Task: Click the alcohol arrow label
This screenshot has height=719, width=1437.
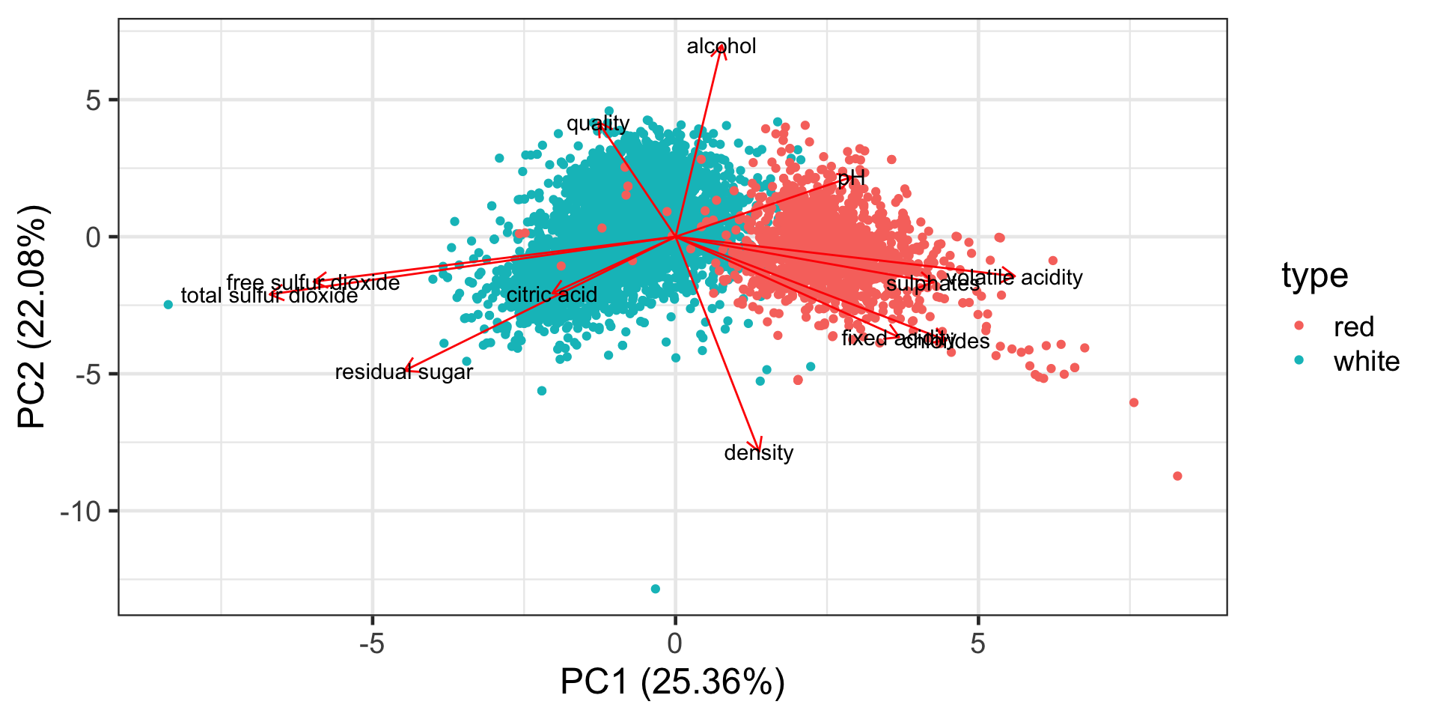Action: [721, 46]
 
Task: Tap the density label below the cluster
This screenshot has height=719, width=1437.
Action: [758, 453]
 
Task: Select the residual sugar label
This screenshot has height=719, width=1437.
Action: [403, 372]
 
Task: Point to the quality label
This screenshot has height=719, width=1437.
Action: [597, 124]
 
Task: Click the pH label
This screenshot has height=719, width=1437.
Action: [851, 178]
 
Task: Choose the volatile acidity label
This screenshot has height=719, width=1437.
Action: [1014, 278]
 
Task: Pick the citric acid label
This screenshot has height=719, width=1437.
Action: [552, 295]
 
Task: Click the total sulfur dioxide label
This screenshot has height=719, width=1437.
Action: [269, 296]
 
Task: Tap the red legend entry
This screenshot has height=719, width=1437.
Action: [1353, 327]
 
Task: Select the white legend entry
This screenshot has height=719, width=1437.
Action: [1366, 362]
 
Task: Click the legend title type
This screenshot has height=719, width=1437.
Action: [1314, 276]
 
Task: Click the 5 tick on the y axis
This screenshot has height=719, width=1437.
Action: [94, 100]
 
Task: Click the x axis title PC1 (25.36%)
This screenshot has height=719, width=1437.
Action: [672, 682]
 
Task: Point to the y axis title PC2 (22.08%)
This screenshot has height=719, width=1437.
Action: [33, 316]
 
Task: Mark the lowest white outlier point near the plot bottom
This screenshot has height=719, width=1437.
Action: [656, 589]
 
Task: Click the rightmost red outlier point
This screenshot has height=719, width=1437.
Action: [1177, 476]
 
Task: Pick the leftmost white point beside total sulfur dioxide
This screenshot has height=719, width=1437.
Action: [168, 305]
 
